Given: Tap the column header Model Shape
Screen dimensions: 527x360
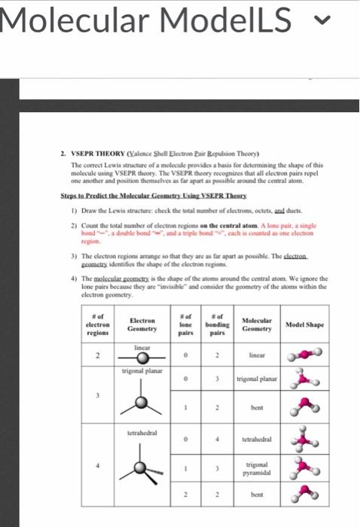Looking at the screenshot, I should click(x=305, y=324).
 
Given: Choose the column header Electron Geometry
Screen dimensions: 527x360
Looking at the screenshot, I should click(x=142, y=324).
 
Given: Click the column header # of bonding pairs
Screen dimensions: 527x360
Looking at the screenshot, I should click(x=217, y=324).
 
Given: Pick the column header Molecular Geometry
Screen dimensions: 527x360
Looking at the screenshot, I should click(x=257, y=324).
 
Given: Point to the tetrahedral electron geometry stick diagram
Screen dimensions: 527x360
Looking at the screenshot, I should click(x=143, y=468).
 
